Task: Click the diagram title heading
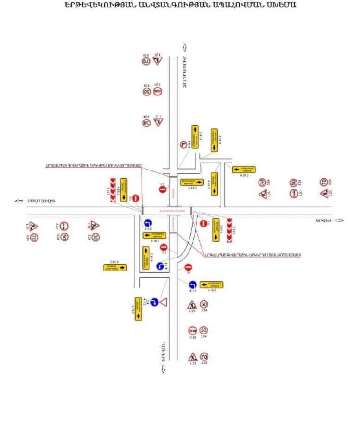point(180,6)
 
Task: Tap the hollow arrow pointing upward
point(184,47)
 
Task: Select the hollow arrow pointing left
point(19,201)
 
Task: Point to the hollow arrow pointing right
point(340,221)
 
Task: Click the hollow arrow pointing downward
point(163,369)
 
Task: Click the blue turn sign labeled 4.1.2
point(154,302)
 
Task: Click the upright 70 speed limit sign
point(204,357)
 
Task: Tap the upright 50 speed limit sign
point(204,330)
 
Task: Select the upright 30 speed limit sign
point(204,304)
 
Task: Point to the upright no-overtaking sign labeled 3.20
point(192,330)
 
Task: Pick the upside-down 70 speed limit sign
point(146,61)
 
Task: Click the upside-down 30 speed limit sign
point(146,123)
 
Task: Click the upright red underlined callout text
point(253,254)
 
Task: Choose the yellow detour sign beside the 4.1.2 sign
point(138,308)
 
